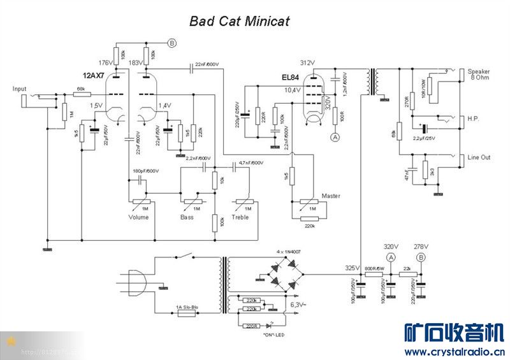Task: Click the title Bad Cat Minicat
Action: [239, 21]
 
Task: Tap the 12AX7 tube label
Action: [94, 76]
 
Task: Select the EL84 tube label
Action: [290, 78]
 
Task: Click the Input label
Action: [20, 89]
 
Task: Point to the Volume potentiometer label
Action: [138, 217]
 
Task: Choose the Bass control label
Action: [187, 217]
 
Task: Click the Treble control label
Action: [240, 217]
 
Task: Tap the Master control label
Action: [331, 196]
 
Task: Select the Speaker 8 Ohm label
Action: [479, 74]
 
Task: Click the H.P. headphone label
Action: [474, 119]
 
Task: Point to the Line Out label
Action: [479, 157]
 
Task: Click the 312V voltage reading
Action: [307, 62]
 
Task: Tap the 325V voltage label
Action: [352, 268]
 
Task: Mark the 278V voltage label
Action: [421, 246]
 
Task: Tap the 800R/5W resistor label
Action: [374, 268]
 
